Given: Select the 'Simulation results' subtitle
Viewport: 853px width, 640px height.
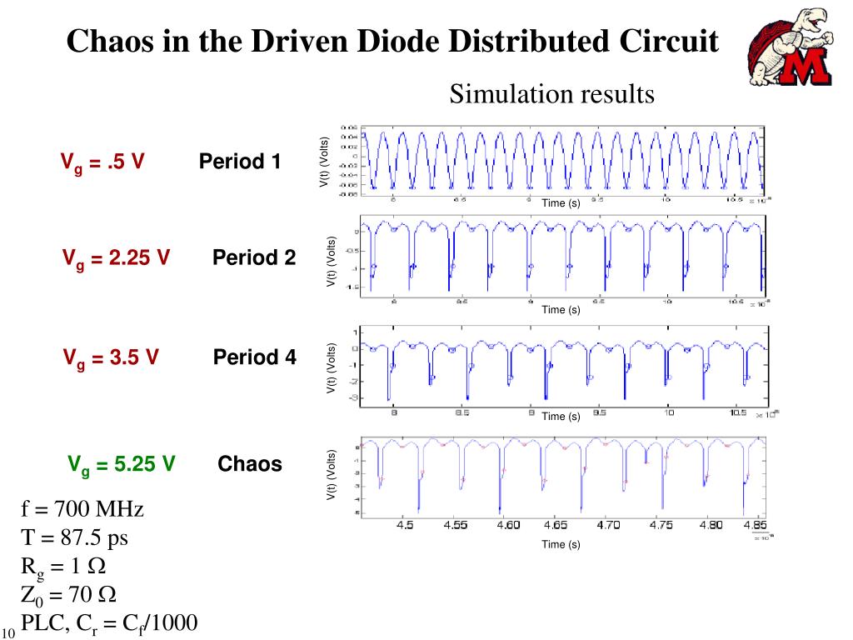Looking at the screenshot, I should (551, 94).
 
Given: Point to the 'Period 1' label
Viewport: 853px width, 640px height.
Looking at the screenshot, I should (240, 162).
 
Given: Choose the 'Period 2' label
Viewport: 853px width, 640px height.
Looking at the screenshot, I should (254, 258).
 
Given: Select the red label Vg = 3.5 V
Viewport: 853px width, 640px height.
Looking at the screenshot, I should (111, 358).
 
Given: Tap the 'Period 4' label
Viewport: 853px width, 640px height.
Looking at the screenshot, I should (254, 357).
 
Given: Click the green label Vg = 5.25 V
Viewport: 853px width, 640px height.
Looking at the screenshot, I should (121, 464).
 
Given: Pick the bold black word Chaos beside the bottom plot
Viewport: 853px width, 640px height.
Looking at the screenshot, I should (250, 464).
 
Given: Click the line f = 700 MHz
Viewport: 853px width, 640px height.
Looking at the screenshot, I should (82, 509).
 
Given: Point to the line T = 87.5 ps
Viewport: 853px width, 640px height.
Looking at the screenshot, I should (74, 537).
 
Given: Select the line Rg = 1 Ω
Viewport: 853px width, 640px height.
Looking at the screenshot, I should (63, 567).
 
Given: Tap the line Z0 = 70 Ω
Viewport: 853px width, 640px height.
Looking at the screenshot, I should (68, 595).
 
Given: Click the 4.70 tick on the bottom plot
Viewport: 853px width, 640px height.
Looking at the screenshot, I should (609, 526).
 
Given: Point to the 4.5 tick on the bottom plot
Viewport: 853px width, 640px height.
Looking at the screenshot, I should (405, 526).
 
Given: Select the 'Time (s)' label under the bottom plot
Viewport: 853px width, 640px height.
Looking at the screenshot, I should (561, 544).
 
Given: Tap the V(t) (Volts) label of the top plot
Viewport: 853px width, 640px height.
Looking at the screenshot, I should (324, 162).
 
